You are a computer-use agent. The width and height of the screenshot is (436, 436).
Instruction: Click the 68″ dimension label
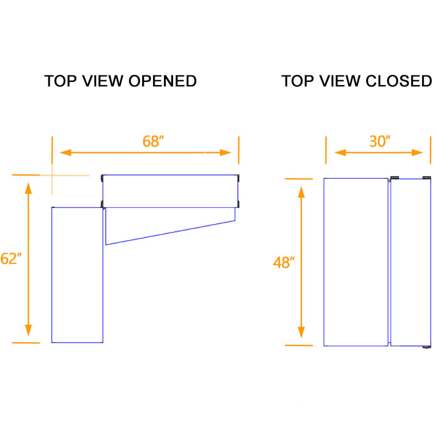click(153, 142)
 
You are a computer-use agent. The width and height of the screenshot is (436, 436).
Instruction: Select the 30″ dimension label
click(379, 142)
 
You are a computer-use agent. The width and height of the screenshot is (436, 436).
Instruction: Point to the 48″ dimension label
click(284, 262)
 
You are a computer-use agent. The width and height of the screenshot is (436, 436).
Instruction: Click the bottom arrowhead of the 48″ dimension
click(301, 332)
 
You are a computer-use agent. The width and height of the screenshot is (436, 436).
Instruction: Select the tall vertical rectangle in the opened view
click(77, 275)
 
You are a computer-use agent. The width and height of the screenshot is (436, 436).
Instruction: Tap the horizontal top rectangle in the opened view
click(170, 191)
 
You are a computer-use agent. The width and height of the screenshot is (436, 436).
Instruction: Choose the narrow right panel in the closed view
click(408, 262)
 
